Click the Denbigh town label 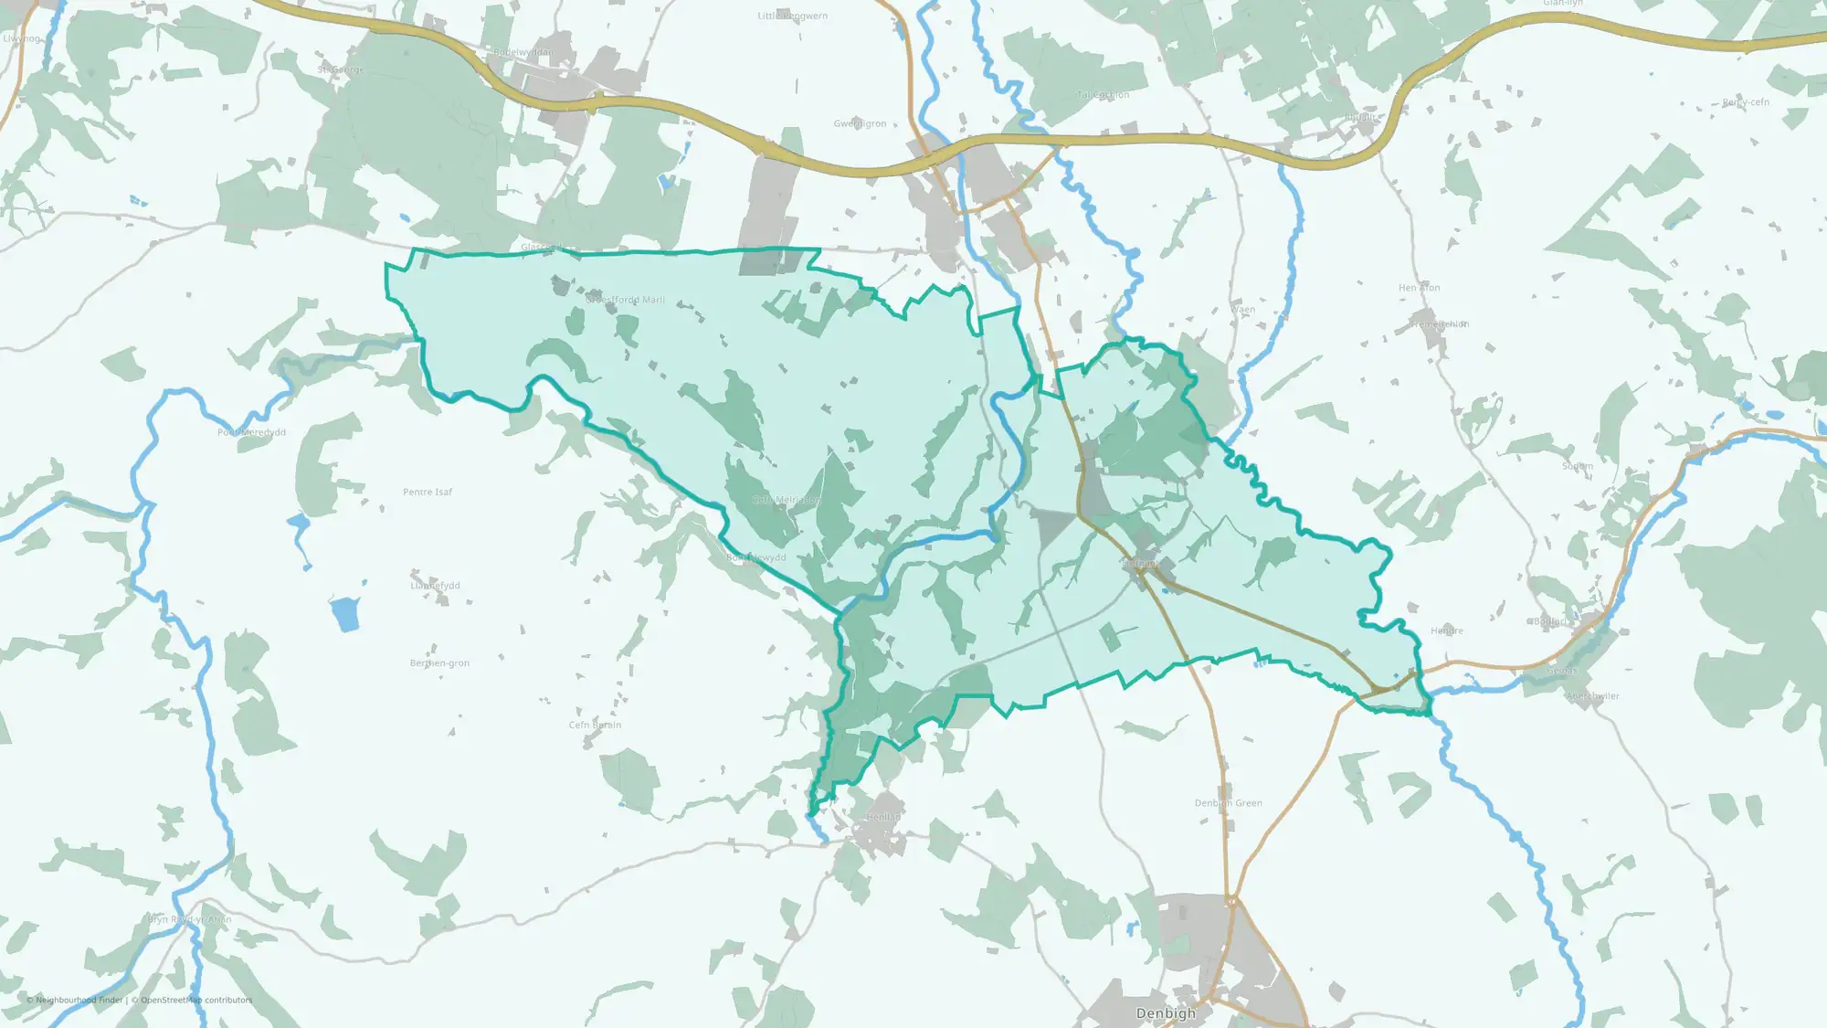[1165, 1013]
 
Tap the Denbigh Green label [1228, 803]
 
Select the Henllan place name [883, 817]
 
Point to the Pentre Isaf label [428, 492]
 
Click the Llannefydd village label [435, 586]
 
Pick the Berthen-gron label [439, 663]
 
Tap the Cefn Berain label [595, 726]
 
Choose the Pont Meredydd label [251, 432]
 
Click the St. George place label [341, 69]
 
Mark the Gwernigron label [860, 123]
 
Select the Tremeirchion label [1439, 324]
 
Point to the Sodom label [1578, 466]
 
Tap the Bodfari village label [1550, 621]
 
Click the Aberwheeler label [1593, 696]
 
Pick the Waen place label [1243, 310]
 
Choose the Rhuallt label [1360, 118]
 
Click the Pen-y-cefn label [1746, 102]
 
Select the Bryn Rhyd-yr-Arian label [190, 919]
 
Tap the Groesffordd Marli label [625, 300]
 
